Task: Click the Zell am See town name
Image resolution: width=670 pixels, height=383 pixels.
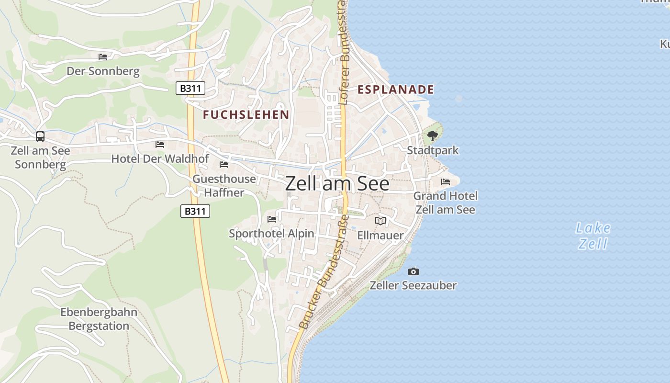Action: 337,184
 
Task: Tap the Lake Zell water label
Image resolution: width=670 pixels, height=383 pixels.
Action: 593,236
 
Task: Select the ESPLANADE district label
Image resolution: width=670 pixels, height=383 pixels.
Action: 396,90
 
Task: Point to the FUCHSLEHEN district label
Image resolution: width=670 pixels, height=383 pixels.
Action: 246,114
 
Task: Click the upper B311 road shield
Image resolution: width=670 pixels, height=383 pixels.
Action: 190,88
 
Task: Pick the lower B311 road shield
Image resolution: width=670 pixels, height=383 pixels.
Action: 195,211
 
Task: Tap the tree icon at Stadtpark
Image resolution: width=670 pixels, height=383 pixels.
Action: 433,136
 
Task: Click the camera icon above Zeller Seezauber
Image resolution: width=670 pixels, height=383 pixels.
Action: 413,271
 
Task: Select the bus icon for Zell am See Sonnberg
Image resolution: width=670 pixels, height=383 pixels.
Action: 40,136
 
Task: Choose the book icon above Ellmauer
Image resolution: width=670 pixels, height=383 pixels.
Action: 380,221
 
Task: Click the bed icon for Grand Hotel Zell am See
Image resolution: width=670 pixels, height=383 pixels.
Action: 446,182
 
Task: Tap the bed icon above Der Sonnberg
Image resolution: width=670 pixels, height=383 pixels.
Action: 103,57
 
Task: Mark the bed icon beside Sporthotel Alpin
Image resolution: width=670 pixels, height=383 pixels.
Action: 272,219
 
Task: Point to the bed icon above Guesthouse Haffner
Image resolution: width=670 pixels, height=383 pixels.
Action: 223,165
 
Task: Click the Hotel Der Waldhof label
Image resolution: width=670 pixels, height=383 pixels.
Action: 160,158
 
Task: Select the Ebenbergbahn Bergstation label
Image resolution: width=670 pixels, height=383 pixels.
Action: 99,319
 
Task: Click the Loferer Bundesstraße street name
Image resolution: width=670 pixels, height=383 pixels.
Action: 343,53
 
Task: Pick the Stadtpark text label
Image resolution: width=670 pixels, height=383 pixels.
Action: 433,150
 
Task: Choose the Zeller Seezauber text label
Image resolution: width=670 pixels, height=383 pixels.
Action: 413,285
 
